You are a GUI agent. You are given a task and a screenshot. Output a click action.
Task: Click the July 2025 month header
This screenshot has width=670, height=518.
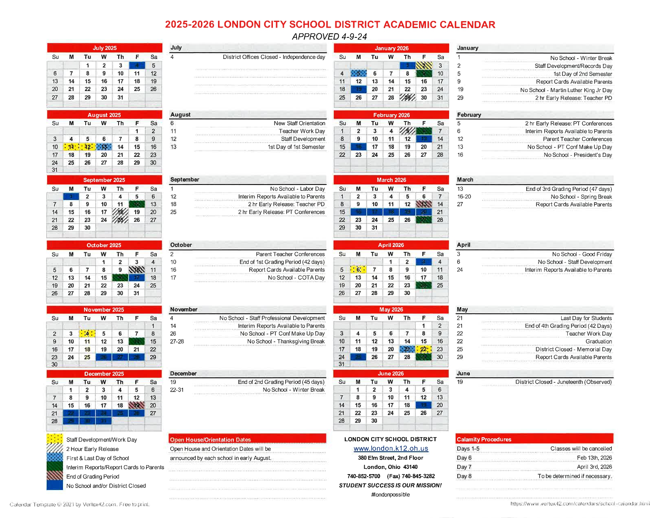(104, 48)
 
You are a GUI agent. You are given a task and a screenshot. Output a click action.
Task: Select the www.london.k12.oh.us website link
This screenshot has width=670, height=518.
(391, 449)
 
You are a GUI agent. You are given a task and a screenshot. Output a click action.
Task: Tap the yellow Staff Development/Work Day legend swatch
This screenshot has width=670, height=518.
(54, 439)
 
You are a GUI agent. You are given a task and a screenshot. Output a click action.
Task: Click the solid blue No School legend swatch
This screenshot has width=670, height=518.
(54, 485)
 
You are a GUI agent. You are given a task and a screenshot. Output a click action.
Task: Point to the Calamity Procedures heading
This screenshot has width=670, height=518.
(484, 439)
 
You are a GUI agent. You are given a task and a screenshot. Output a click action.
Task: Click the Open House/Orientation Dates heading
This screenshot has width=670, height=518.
(210, 440)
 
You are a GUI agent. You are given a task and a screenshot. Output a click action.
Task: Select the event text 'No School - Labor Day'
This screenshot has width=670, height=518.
(297, 189)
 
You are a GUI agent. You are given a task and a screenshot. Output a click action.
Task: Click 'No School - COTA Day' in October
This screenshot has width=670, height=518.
(296, 278)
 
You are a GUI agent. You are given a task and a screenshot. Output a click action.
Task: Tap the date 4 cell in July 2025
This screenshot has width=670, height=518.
(137, 65)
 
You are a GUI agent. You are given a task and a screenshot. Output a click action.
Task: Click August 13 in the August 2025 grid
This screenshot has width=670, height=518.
(104, 147)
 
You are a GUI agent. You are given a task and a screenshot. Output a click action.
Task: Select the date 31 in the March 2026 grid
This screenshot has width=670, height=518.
(374, 228)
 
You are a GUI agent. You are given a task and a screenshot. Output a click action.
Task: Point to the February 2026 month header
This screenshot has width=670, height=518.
(391, 115)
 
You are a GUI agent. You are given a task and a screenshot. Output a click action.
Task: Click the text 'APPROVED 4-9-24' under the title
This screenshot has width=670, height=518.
(329, 37)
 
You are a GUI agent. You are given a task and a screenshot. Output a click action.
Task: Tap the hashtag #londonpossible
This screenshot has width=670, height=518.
(390, 495)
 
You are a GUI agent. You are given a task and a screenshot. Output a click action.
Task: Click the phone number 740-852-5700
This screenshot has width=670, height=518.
(363, 476)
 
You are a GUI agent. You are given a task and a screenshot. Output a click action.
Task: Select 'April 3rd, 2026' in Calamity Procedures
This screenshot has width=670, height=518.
(594, 467)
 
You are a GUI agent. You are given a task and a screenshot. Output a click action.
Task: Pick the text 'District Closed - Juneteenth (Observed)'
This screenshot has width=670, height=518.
(563, 382)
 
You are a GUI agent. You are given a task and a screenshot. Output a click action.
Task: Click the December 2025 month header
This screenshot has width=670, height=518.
(104, 374)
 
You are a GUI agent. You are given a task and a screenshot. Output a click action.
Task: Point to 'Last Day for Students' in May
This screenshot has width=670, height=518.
(586, 318)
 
